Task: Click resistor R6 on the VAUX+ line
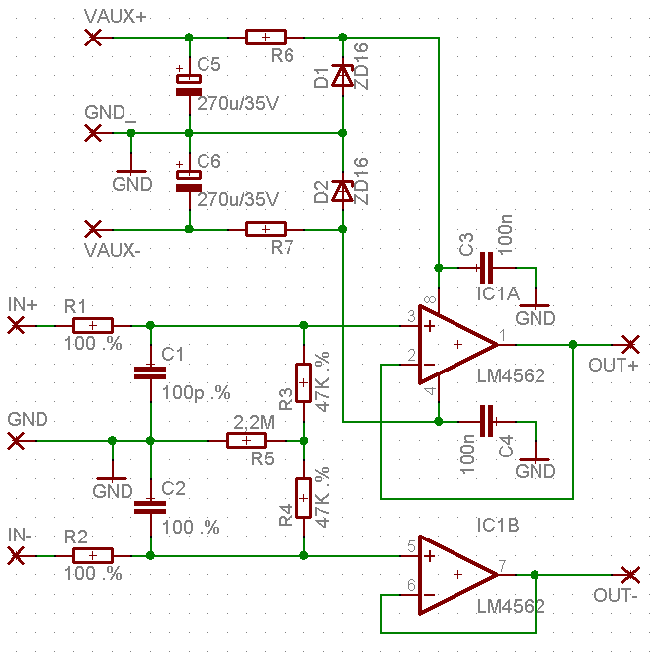tap(265, 38)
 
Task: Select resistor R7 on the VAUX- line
tap(265, 229)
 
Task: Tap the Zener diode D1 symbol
tap(342, 76)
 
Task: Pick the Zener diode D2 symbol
tap(342, 190)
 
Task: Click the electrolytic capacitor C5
tap(188, 84)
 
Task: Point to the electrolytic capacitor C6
tap(188, 180)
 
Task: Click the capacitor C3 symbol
tap(484, 267)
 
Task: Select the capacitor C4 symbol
tap(484, 420)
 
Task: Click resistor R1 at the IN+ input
tap(92, 324)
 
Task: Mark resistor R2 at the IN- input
tap(92, 556)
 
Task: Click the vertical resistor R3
tap(303, 382)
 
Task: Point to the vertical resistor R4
tap(303, 498)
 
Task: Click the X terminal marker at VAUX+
tap(94, 38)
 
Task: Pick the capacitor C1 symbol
tap(150, 372)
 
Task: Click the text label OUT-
tap(616, 596)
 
